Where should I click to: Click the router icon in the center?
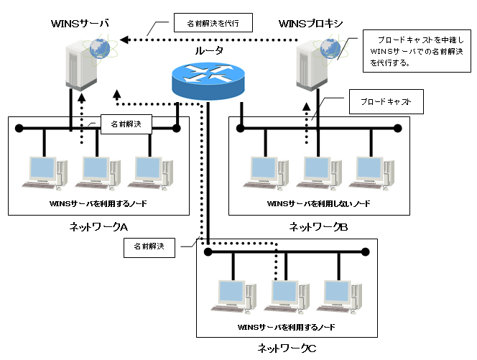coord(208,79)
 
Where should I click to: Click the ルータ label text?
coord(209,51)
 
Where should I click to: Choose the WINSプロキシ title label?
coord(310,24)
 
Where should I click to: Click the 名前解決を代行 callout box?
coord(215,22)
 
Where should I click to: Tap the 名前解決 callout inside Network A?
coord(126,124)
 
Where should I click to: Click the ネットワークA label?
coord(98,227)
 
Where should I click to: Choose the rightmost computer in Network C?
coord(338,295)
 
